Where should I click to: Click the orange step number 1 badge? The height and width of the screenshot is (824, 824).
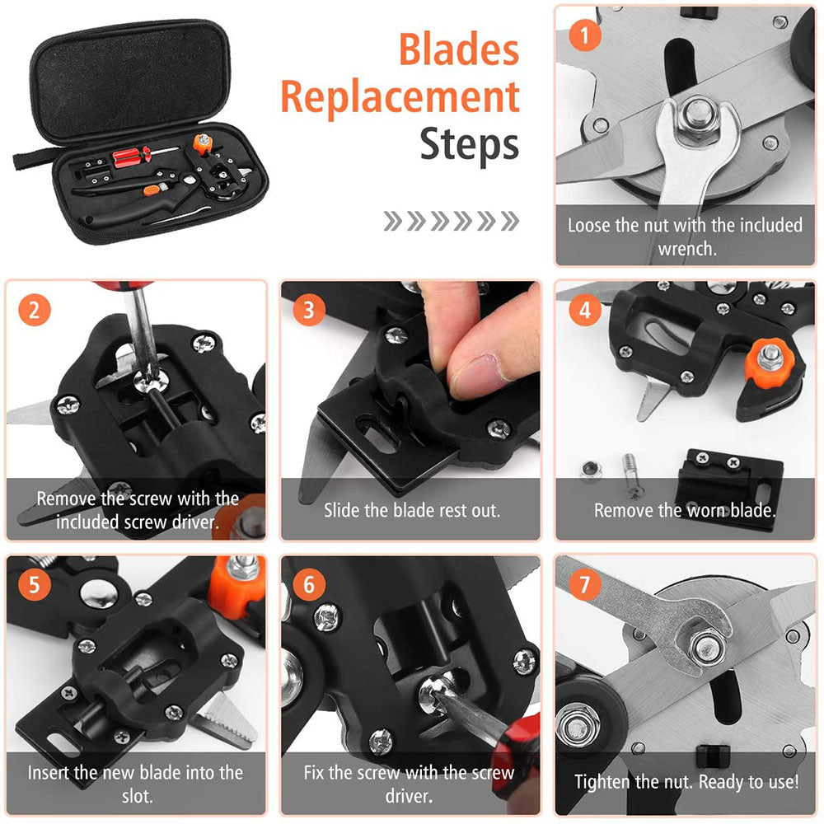pos(585,36)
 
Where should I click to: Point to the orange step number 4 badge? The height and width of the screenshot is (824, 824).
pos(585,311)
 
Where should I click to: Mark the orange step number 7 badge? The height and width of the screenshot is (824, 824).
pos(585,585)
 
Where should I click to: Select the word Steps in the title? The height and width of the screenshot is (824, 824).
pos(470,145)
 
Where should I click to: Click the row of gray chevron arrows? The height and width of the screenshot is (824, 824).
pos(452,221)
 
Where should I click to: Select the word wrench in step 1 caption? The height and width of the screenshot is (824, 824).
pos(685,249)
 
